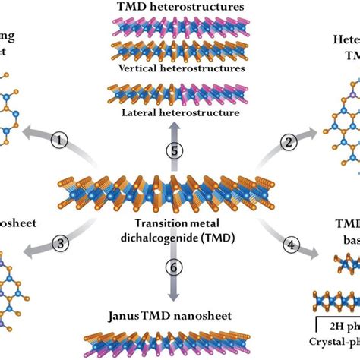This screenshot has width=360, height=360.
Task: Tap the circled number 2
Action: (x=288, y=141)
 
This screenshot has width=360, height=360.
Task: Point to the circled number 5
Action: (x=175, y=150)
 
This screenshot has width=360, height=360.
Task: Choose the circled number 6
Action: (x=175, y=267)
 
